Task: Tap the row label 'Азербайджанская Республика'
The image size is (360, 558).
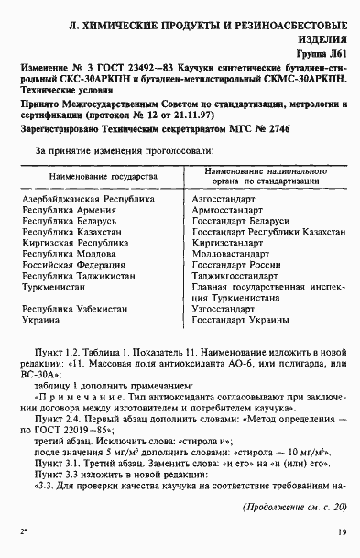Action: [x=83, y=224]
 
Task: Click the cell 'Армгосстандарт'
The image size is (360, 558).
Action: [x=228, y=235]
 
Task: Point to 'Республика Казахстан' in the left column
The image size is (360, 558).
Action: [x=69, y=259]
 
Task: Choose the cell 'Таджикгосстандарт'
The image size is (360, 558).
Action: [x=235, y=307]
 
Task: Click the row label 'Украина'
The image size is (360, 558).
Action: [x=40, y=356]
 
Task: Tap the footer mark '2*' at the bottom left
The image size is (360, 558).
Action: [x=23, y=530]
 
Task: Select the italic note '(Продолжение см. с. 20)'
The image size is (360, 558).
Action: [x=293, y=507]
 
